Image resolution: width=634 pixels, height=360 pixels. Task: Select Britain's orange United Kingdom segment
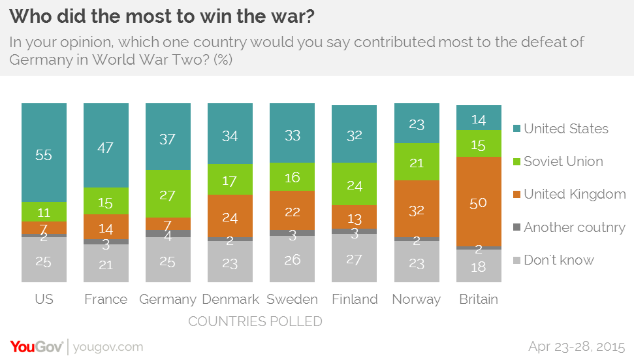[479, 202]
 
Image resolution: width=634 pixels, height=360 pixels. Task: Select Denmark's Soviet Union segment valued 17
[230, 179]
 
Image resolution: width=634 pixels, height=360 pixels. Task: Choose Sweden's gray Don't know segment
[292, 259]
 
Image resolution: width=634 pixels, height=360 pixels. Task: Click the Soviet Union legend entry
[563, 161]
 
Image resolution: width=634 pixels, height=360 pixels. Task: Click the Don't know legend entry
[558, 260]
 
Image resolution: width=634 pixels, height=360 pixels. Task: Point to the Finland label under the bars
[354, 299]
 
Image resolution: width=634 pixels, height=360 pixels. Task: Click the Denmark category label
[230, 299]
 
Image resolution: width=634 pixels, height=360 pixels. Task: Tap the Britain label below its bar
[479, 299]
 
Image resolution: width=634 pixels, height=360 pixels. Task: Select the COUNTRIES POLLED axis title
[255, 321]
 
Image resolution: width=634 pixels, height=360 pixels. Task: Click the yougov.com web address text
[108, 346]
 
